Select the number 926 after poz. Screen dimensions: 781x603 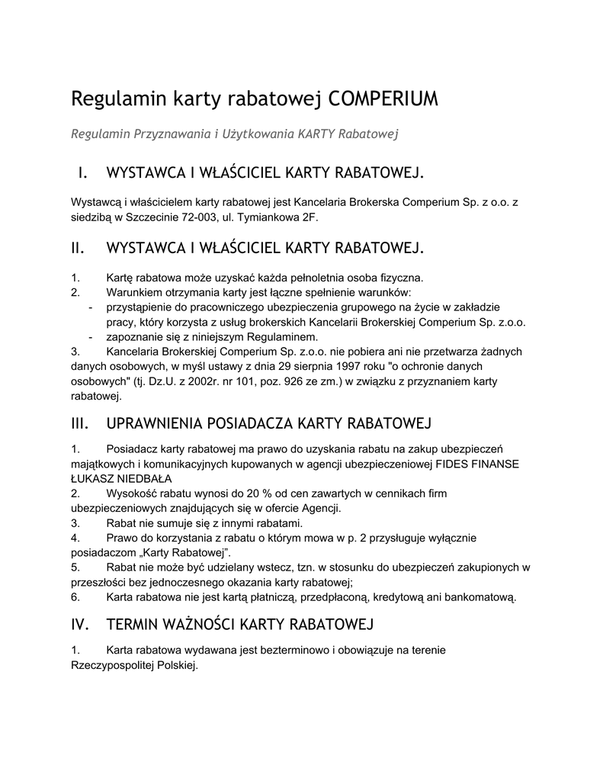pyautogui.click(x=255, y=381)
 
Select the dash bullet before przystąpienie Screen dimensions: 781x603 pyautogui.click(x=91, y=307)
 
